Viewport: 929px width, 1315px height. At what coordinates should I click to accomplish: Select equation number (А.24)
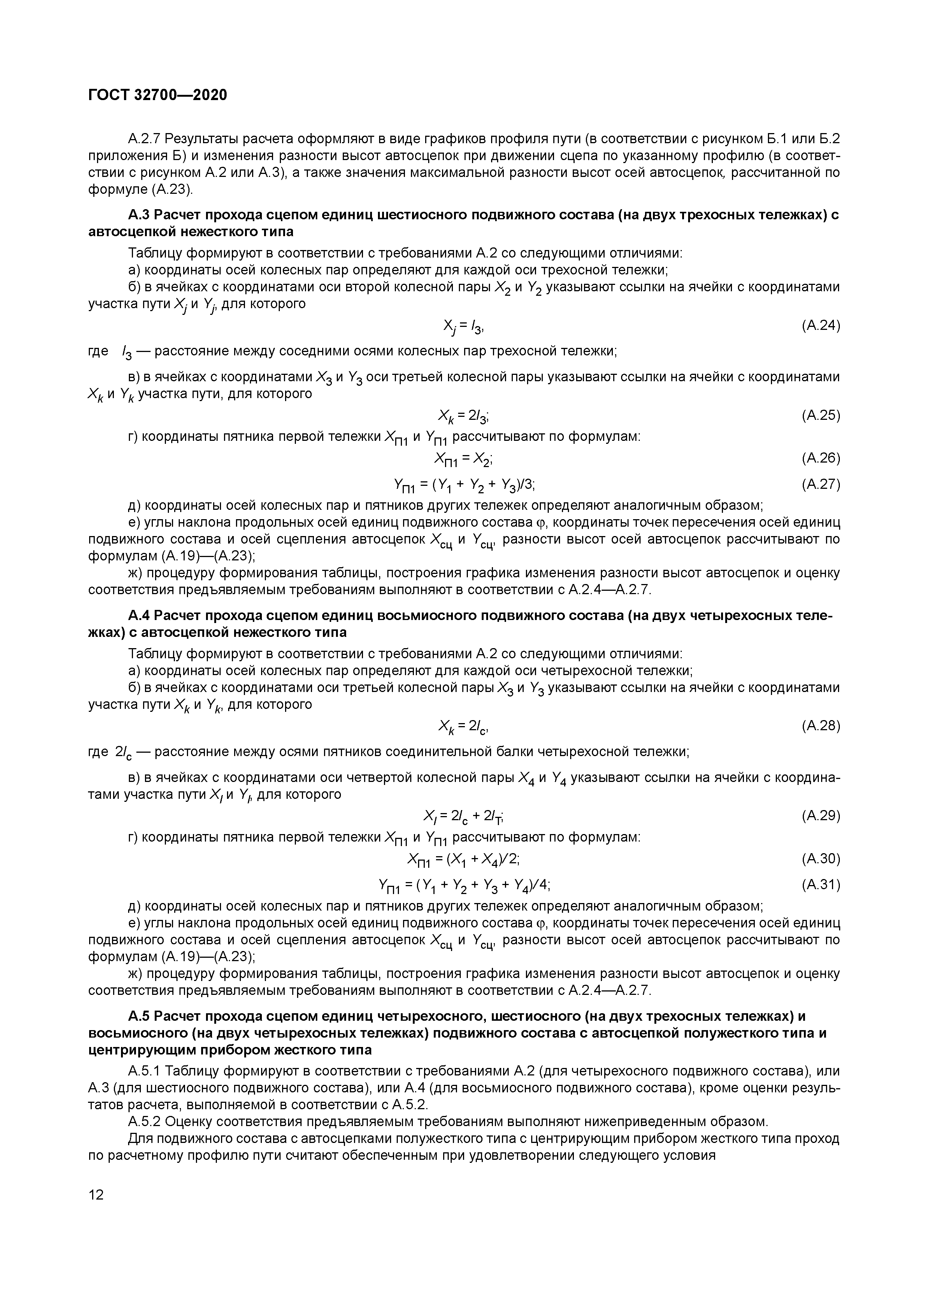(x=820, y=326)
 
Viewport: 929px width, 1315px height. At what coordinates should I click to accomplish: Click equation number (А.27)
(x=820, y=485)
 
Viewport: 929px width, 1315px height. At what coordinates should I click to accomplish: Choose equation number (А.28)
(x=820, y=726)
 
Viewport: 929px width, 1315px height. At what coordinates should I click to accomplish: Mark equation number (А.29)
(x=820, y=816)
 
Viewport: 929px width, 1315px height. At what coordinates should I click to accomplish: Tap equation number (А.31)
(x=820, y=885)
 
